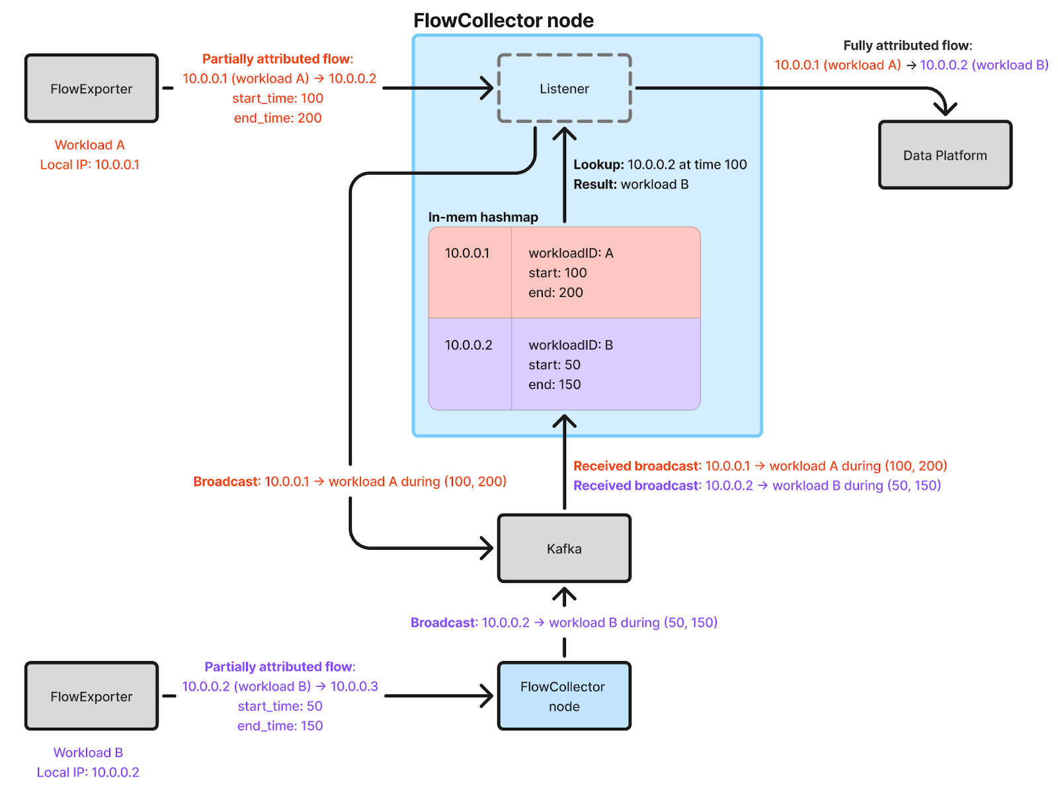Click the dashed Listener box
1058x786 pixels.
click(564, 89)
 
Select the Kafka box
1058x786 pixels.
click(564, 548)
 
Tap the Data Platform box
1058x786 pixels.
click(945, 155)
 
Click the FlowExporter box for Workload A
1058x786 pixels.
click(91, 89)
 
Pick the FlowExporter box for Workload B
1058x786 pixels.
click(91, 697)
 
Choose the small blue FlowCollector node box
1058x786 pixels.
click(564, 696)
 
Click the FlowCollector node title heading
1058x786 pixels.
click(503, 21)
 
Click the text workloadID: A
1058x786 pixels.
click(571, 253)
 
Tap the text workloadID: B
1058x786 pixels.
click(571, 345)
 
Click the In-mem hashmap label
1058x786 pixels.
click(483, 217)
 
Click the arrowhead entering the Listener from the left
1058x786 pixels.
click(489, 88)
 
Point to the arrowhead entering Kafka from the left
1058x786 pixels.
click(489, 548)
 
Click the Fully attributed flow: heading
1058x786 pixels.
click(907, 46)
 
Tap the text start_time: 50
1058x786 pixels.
click(280, 706)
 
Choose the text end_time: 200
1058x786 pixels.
click(278, 118)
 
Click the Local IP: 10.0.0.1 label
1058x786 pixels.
click(90, 165)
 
